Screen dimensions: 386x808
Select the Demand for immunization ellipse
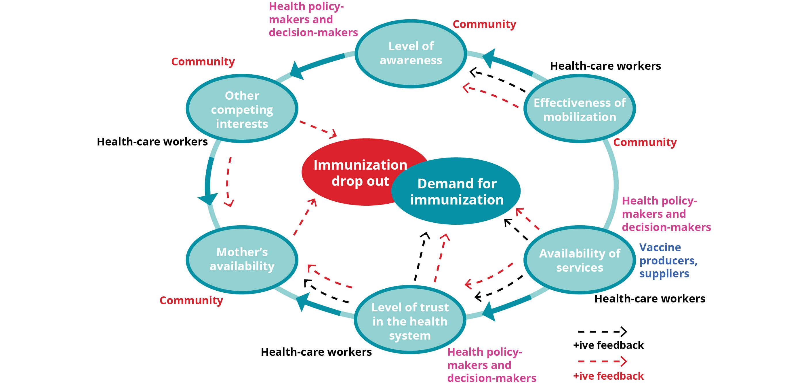[x=457, y=192]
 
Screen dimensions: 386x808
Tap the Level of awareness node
[x=411, y=53]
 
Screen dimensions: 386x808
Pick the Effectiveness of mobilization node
[x=580, y=109]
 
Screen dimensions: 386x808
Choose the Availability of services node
[x=580, y=260]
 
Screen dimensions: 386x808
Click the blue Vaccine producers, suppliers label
[x=668, y=261]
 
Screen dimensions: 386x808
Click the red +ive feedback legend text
[x=609, y=376]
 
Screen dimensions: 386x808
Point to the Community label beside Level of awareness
[x=485, y=24]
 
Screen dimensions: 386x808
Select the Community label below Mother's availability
[x=191, y=300]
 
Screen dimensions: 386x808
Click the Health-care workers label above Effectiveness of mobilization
[x=605, y=66]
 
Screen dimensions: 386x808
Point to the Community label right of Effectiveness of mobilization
[x=645, y=142]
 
